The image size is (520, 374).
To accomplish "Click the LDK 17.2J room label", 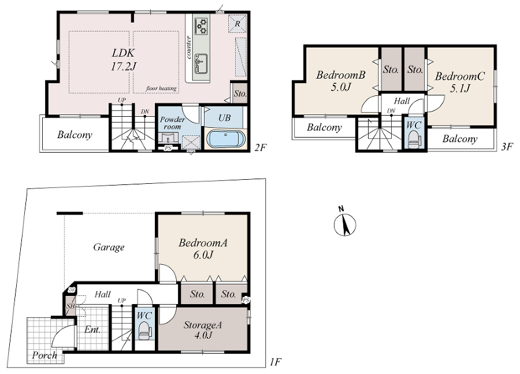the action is (124, 60).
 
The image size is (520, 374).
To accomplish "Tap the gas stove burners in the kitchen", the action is (201, 26).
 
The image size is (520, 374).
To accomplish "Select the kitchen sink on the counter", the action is (201, 64).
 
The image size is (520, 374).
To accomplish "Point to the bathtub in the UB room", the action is (226, 139).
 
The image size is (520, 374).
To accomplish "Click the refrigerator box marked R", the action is (237, 24).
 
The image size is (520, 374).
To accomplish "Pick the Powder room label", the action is (172, 123).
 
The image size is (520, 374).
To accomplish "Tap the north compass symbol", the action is (344, 223).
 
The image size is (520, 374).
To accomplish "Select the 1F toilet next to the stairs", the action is (144, 331).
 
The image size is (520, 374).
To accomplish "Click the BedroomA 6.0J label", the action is (203, 249).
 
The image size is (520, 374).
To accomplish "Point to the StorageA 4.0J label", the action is (203, 330).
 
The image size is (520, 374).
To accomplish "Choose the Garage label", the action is (109, 247).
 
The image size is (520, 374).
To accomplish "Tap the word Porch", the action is (44, 355).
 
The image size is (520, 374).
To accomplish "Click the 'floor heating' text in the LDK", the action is (161, 88).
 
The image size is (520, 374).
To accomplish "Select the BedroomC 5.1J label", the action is (460, 82).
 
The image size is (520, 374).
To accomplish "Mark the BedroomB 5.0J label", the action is (340, 81).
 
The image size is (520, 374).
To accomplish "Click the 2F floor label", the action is (261, 147).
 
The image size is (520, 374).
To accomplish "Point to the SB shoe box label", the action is (70, 306).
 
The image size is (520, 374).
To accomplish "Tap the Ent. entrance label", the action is (92, 329).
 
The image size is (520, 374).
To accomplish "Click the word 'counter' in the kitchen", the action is (188, 47).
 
